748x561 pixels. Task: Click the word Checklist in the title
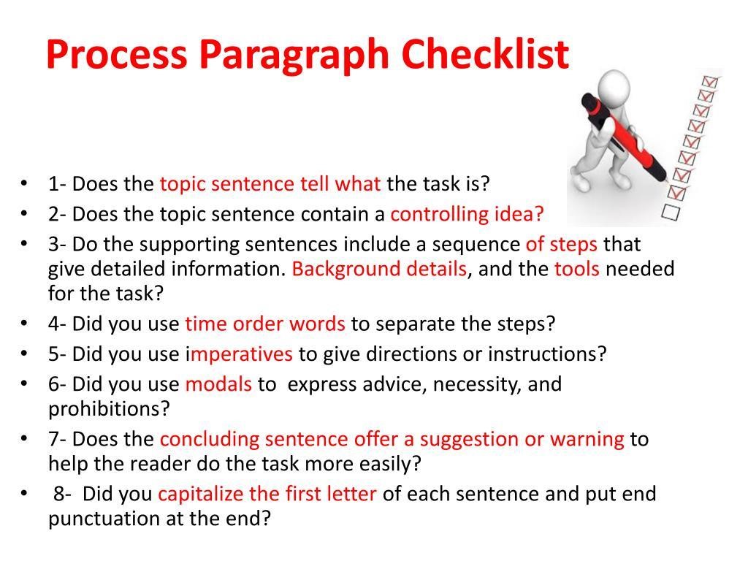(485, 54)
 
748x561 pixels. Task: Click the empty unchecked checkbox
(671, 212)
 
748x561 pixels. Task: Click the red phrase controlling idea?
(467, 214)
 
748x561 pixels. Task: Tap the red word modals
(218, 384)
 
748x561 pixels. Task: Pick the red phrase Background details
(379, 269)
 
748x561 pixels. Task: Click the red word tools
(577, 269)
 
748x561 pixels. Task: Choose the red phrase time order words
(265, 324)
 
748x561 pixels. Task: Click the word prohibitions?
(110, 409)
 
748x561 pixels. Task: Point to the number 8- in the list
(63, 494)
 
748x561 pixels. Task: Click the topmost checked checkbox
(709, 82)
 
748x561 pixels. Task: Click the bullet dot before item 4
(24, 324)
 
